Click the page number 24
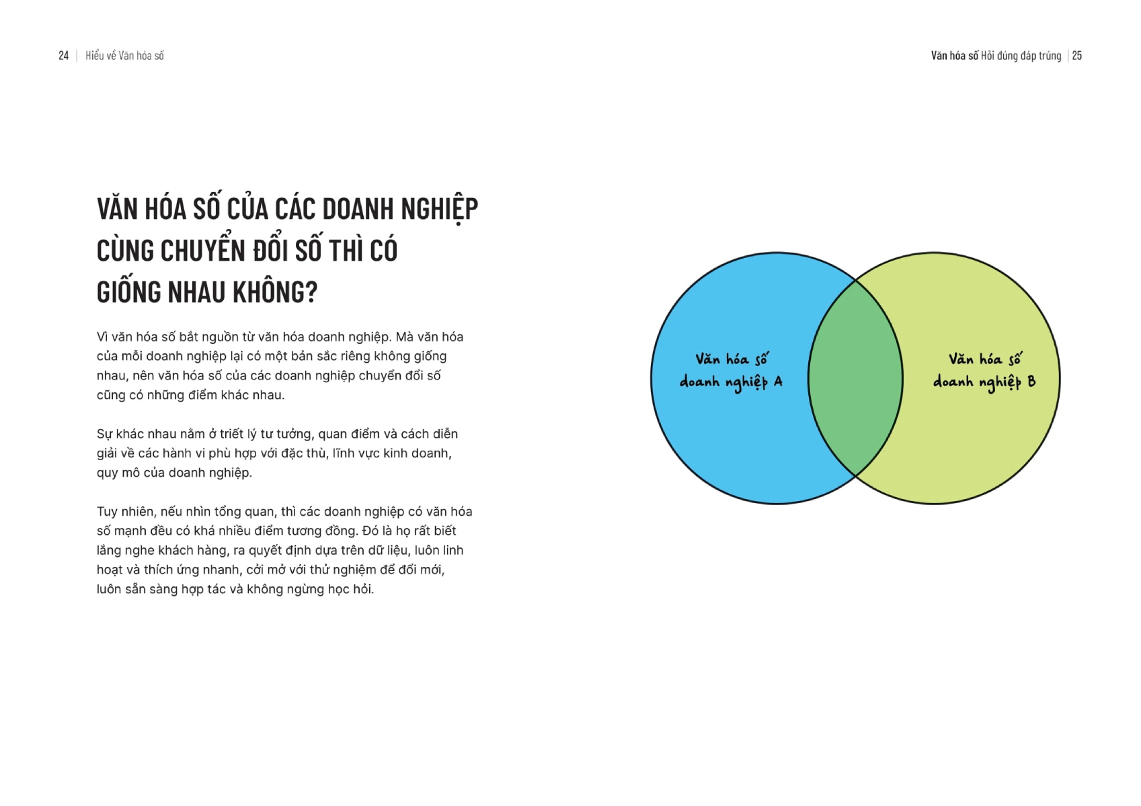(64, 56)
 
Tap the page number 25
(1077, 56)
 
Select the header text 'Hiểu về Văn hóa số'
(124, 56)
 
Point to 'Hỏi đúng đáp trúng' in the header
(1021, 56)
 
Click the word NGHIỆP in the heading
(440, 210)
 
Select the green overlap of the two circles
(855, 378)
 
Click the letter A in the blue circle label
(778, 382)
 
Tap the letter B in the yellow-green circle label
(1031, 382)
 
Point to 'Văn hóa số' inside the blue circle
(732, 359)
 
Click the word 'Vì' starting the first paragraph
(102, 337)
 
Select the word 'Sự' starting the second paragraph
(104, 435)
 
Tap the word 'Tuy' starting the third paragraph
(107, 512)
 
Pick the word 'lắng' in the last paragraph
(109, 551)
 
